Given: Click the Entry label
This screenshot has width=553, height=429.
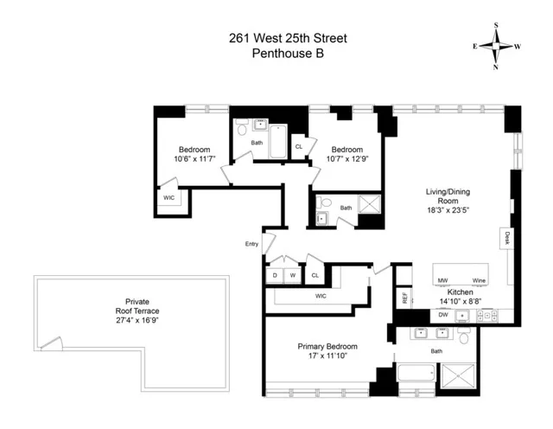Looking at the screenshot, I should tap(251, 244).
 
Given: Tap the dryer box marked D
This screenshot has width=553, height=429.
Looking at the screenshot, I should tap(276, 276).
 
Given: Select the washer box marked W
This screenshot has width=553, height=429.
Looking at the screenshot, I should tap(293, 276).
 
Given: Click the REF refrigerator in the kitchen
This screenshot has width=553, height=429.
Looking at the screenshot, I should tap(404, 299).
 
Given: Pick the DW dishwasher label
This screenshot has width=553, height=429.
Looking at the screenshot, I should tap(443, 316).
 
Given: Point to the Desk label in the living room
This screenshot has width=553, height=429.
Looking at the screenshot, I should tap(507, 240).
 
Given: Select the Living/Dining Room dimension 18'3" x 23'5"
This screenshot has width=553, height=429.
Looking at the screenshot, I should tap(447, 209).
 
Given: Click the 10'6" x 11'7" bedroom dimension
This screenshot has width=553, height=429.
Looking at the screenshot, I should tap(194, 158).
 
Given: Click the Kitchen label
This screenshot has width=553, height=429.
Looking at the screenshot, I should tap(459, 293).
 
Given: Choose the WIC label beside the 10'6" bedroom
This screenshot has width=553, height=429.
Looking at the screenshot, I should tap(168, 198).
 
